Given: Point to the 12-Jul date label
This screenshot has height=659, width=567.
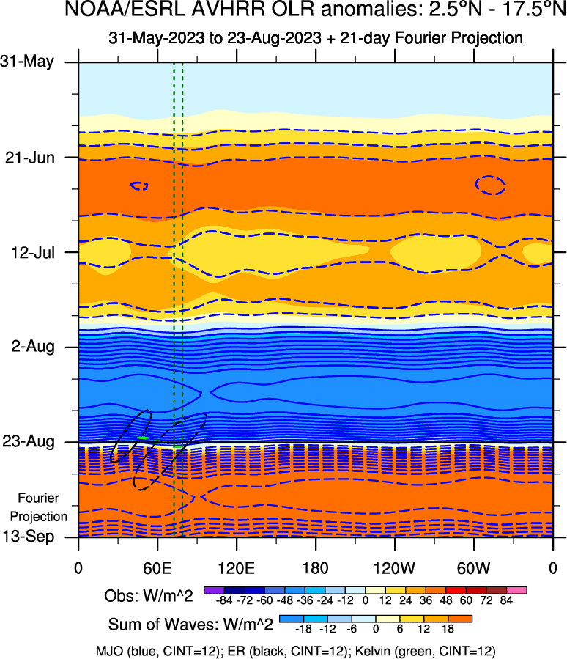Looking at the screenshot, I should pos(34,252).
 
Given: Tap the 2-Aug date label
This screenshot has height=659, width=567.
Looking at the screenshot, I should pos(35,347).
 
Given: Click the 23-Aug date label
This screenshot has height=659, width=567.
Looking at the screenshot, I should pos(33,442).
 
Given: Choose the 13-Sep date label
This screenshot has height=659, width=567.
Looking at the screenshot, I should pos(33,537).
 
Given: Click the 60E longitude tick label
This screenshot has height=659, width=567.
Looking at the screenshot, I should pos(157,567).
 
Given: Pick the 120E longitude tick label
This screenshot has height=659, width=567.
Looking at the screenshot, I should pos(236,567).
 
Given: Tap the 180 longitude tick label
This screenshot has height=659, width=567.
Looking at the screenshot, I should pos(316,567).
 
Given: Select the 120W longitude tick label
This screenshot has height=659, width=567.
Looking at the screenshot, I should pos(395,567).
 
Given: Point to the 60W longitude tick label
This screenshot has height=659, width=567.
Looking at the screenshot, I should pos(474,567).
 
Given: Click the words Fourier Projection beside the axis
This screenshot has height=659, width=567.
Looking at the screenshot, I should pos(43,507).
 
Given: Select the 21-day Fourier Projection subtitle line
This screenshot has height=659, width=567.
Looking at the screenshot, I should pos(316,37).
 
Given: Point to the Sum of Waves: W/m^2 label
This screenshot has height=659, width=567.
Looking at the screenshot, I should pos(190,625).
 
